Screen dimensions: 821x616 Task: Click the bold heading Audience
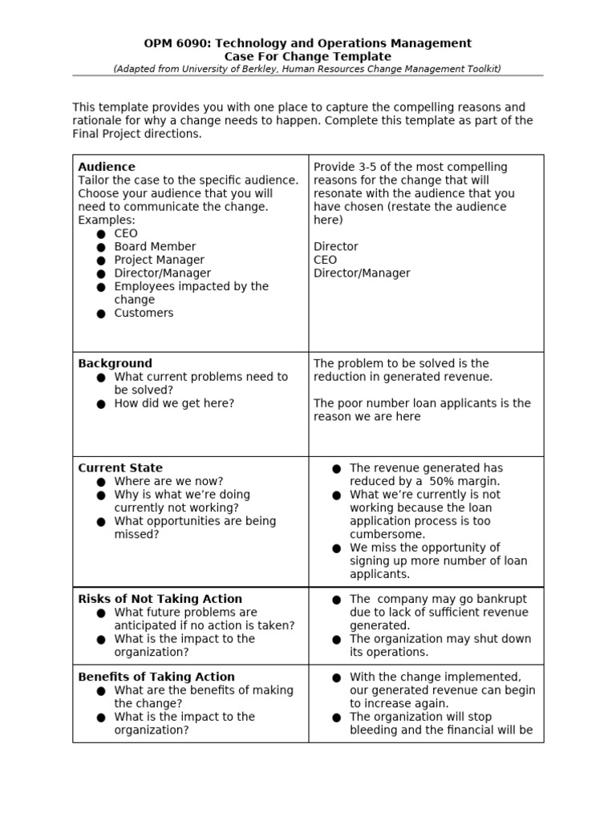(107, 167)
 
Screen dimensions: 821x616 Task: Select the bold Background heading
(115, 363)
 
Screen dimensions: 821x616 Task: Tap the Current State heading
(120, 467)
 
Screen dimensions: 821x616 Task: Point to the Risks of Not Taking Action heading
(160, 599)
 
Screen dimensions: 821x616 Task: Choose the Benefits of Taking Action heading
(156, 677)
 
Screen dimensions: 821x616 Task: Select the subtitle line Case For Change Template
(307, 56)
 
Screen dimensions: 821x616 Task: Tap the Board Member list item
(155, 246)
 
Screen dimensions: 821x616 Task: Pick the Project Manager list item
(159, 260)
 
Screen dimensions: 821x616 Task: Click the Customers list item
(144, 313)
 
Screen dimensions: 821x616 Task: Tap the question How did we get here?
(174, 403)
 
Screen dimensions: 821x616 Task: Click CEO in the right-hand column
(325, 260)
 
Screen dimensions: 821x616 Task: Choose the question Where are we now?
(168, 481)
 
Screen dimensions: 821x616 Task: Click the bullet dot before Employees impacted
(101, 287)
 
